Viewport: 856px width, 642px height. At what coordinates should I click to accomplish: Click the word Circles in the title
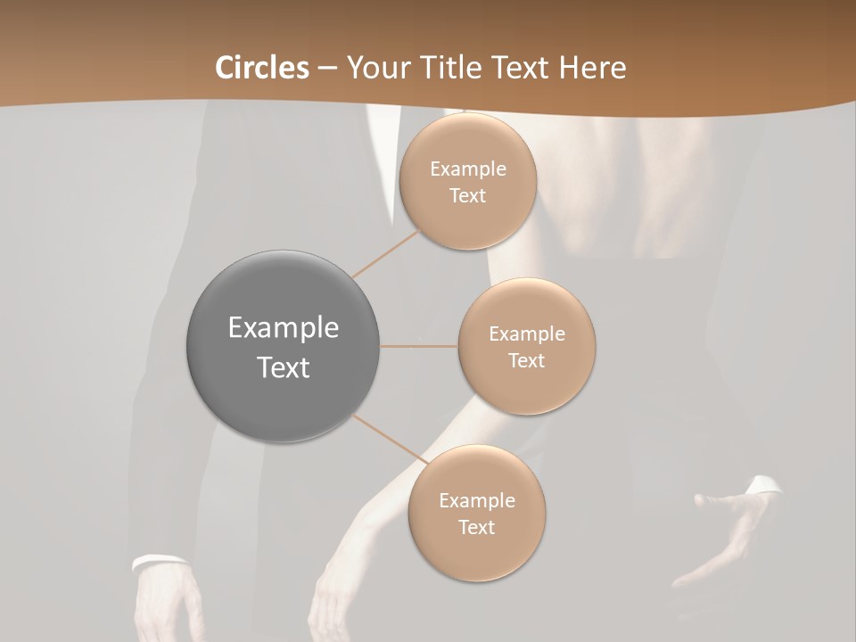(261, 68)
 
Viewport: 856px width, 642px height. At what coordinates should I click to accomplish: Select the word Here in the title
(592, 68)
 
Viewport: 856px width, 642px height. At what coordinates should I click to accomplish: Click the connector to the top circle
(385, 252)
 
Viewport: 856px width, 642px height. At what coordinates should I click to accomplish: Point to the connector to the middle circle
(419, 346)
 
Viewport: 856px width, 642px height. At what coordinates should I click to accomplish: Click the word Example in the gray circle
(283, 328)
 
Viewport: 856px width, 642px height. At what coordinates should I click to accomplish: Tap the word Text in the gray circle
(283, 366)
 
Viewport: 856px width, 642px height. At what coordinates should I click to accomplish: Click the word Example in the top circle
(467, 169)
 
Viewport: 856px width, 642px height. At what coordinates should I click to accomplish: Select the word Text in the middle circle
(526, 360)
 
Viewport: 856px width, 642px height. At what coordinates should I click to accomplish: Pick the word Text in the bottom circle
(476, 527)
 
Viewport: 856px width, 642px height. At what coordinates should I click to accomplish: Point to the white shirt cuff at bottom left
(159, 562)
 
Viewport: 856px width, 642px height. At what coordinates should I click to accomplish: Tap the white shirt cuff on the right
(763, 486)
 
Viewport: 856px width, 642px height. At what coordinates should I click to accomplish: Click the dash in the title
(326, 69)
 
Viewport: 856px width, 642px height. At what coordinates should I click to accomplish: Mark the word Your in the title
(374, 68)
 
